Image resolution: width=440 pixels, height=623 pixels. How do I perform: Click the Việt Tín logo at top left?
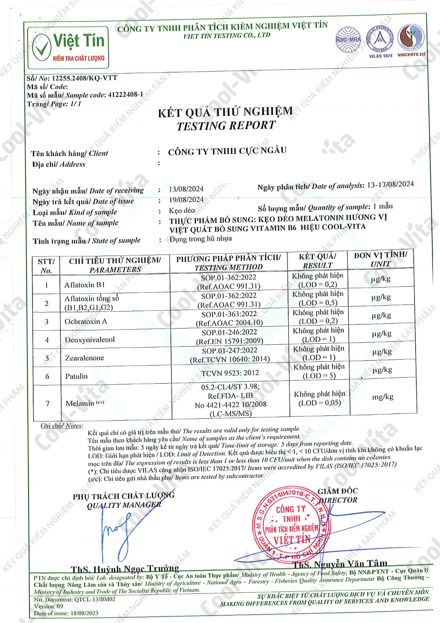coord(68,47)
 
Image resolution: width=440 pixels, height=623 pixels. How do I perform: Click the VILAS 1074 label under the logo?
coord(380,56)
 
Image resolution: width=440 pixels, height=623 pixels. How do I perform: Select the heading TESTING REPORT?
coord(226,126)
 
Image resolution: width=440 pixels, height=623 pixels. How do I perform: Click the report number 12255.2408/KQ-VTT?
coord(85,78)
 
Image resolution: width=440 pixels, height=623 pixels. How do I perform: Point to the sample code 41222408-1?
coord(125,95)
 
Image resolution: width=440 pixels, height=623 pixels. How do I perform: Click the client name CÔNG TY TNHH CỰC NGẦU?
coord(227,151)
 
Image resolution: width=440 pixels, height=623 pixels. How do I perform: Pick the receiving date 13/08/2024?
coord(186,189)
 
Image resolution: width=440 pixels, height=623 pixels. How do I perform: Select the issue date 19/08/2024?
coord(186,200)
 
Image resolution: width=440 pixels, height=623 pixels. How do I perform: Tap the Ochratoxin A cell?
coord(86,321)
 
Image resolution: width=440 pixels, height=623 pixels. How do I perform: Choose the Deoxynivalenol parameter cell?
coord(90,340)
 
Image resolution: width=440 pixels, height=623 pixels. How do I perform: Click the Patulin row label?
coord(77,376)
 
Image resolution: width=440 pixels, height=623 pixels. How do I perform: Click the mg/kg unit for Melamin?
coord(383,397)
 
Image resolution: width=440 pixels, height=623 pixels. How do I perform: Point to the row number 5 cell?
coord(47,358)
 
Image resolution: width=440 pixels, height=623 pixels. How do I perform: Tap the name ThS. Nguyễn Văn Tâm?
coord(340,564)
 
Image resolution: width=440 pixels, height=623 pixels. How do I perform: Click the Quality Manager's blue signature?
coord(118,533)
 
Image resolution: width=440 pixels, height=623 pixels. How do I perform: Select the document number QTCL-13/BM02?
coord(95,599)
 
